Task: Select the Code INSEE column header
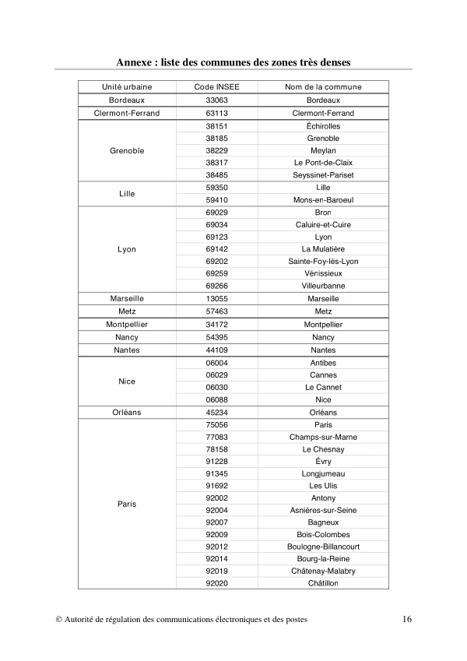tap(216, 87)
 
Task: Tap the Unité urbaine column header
tap(127, 87)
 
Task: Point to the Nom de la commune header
tap(323, 87)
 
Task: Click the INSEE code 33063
tap(216, 100)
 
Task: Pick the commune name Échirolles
tap(323, 126)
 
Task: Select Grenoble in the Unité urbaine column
tap(127, 150)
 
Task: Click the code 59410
tap(216, 200)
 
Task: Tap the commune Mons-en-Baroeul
tap(323, 200)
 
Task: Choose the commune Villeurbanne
tap(323, 286)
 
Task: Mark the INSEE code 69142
tap(216, 249)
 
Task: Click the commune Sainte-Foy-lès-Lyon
tap(323, 262)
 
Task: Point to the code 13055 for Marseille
tap(216, 298)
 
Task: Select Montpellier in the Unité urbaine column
tap(127, 324)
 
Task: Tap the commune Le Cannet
tap(323, 387)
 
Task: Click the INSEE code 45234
tap(216, 413)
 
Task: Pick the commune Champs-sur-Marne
tap(323, 438)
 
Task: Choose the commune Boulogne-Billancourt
tap(323, 547)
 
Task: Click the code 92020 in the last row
tap(216, 583)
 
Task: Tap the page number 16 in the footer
tap(407, 620)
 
